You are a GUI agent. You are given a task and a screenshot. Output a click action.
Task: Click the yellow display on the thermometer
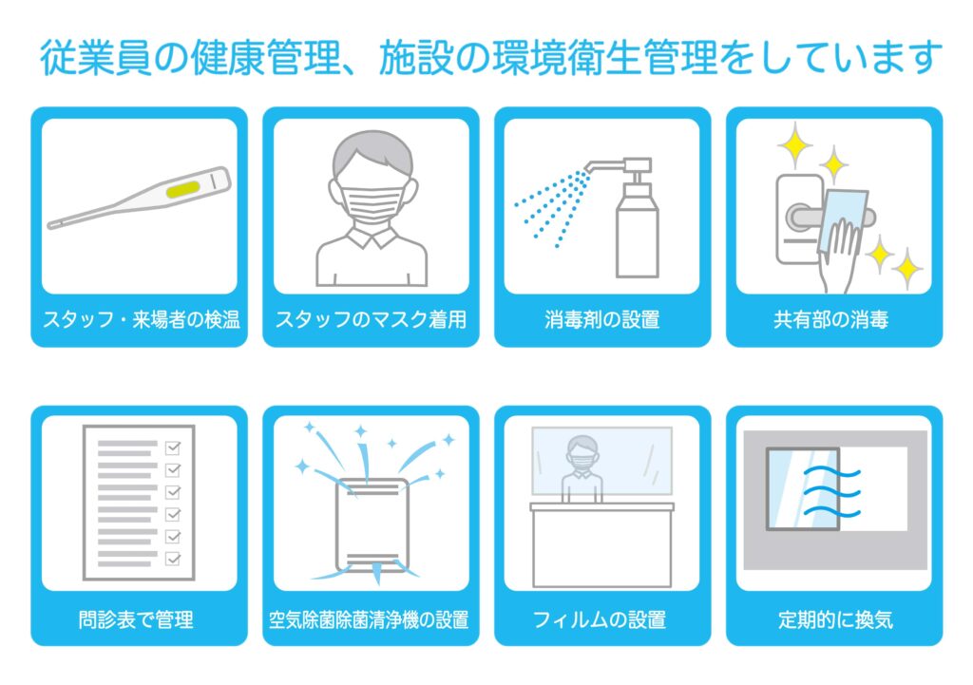pyautogui.click(x=183, y=189)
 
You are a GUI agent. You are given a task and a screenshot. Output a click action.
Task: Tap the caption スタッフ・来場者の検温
pyautogui.click(x=142, y=319)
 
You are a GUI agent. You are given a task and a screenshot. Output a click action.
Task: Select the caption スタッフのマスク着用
pyautogui.click(x=371, y=319)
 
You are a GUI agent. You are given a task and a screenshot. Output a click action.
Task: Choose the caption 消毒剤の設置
pyautogui.click(x=601, y=319)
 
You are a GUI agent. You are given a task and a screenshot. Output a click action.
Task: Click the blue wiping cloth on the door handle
pyautogui.click(x=842, y=220)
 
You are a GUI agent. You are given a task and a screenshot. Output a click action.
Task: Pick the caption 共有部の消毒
pyautogui.click(x=830, y=319)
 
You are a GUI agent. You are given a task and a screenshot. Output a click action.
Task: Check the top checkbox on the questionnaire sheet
pyautogui.click(x=173, y=447)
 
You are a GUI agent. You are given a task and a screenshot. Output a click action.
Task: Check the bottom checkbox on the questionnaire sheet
pyautogui.click(x=173, y=559)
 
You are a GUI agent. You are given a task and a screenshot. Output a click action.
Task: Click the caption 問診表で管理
pyautogui.click(x=136, y=619)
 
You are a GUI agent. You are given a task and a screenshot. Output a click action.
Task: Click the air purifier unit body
pyautogui.click(x=372, y=525)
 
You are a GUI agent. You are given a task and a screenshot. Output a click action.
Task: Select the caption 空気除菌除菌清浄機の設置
pyautogui.click(x=369, y=619)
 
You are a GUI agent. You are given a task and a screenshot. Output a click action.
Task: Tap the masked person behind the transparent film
pyautogui.click(x=582, y=467)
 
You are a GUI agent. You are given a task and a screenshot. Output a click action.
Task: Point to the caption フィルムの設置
pyautogui.click(x=600, y=619)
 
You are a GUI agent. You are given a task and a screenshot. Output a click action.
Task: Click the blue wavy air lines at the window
pyautogui.click(x=831, y=493)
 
